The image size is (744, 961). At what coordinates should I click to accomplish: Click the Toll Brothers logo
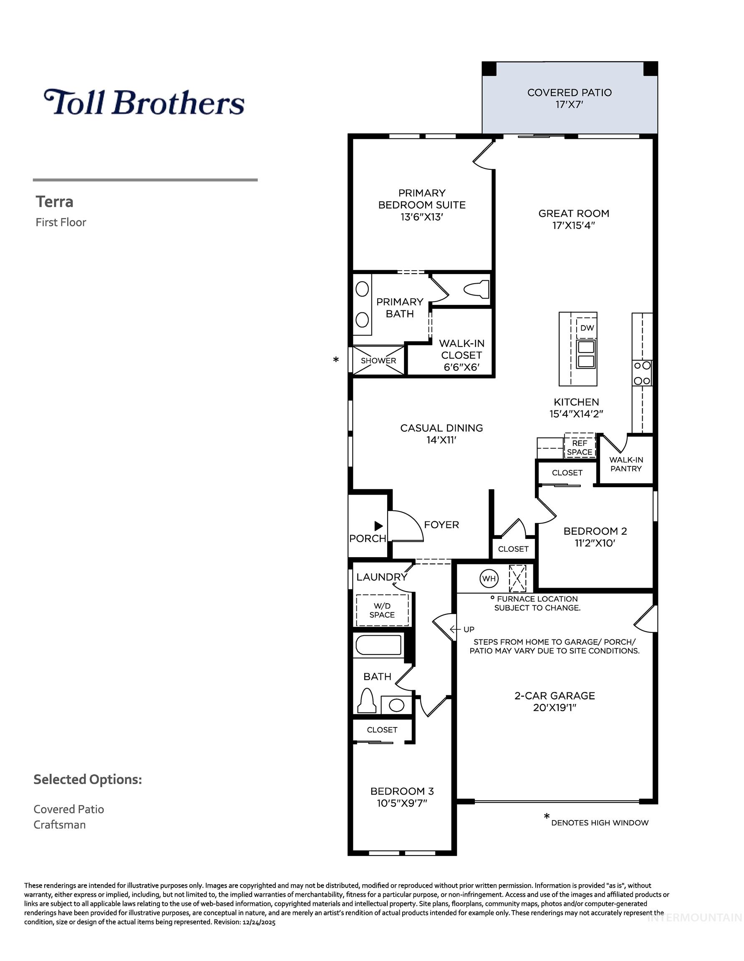pos(144,102)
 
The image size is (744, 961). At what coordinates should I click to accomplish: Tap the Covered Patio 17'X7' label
pos(569,98)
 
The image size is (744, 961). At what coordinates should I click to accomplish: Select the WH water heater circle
pos(489,579)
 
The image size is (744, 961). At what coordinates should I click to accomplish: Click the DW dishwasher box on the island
pos(587,328)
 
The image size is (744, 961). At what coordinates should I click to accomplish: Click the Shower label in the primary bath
pos(378,360)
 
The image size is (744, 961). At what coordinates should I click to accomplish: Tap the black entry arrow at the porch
pos(378,526)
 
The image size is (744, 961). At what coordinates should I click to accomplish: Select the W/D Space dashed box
pos(382,610)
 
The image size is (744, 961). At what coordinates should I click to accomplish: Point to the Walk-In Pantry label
pos(626,464)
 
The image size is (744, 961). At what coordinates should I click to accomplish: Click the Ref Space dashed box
pos(579,447)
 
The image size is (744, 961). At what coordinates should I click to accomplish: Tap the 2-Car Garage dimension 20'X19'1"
pos(554,708)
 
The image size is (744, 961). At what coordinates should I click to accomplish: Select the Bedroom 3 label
pos(402,791)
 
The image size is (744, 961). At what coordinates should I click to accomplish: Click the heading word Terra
pos(55,202)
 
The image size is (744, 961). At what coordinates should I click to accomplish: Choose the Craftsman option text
pos(59,825)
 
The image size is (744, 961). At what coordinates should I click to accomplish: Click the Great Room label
pos(574,214)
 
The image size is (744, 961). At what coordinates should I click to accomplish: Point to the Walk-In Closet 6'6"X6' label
pos(462,355)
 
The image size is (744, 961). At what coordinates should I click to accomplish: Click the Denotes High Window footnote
pos(599,823)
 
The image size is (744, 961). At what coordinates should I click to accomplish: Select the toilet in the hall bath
pos(367,699)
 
